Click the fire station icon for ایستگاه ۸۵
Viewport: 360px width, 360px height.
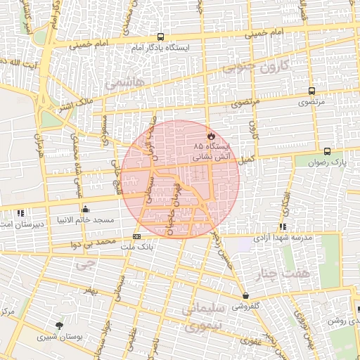[x=211, y=136]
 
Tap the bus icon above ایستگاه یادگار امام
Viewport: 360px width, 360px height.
[x=161, y=37]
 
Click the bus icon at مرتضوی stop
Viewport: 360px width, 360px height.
[x=311, y=91]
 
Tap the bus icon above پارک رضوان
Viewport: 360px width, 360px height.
[x=327, y=151]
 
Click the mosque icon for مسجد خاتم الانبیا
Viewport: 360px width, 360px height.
[x=86, y=209]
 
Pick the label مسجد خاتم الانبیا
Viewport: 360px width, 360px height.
[x=86, y=220]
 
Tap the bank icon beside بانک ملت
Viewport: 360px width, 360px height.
[x=136, y=236]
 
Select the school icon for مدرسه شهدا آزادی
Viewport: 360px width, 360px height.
[x=283, y=226]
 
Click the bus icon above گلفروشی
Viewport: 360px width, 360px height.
[x=245, y=296]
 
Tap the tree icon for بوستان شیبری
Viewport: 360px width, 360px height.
[x=59, y=325]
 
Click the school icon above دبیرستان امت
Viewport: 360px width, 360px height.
[x=20, y=212]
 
